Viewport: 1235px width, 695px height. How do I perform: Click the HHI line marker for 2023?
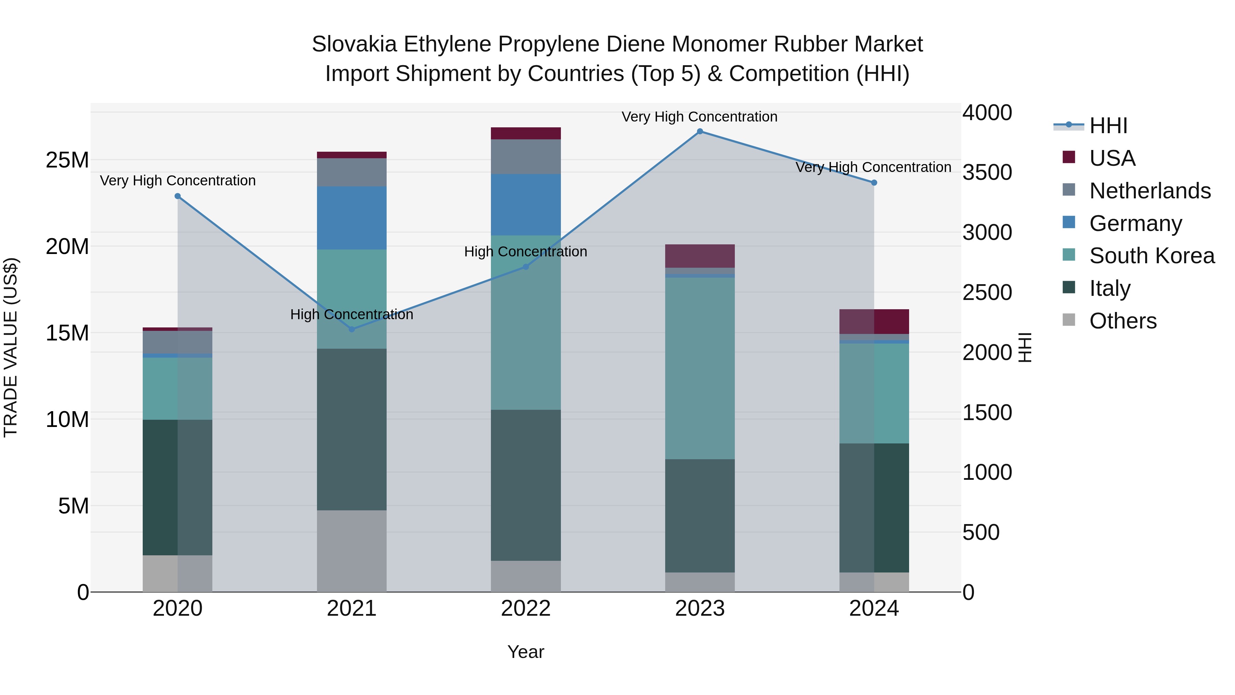pyautogui.click(x=699, y=131)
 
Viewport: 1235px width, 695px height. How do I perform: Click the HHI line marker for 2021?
pyautogui.click(x=351, y=329)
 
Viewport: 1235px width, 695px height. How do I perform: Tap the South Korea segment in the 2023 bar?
pyautogui.click(x=699, y=368)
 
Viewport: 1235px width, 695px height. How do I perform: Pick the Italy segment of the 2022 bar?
pyautogui.click(x=526, y=485)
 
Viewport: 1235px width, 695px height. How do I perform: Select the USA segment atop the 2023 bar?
pyautogui.click(x=699, y=256)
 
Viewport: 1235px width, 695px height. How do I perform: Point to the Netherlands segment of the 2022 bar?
pyautogui.click(x=526, y=157)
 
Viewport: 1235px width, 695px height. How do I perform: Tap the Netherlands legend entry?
pyautogui.click(x=1149, y=191)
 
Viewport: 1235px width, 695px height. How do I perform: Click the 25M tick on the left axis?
pyautogui.click(x=67, y=160)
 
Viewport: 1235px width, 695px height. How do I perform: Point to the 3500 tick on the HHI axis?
pyautogui.click(x=987, y=173)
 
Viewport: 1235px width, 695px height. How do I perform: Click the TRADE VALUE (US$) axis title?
pyautogui.click(x=11, y=347)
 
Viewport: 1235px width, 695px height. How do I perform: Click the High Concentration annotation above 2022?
pyautogui.click(x=526, y=252)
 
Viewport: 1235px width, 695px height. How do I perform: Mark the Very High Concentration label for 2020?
pyautogui.click(x=177, y=181)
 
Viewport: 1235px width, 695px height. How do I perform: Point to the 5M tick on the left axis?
pyautogui.click(x=73, y=506)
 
